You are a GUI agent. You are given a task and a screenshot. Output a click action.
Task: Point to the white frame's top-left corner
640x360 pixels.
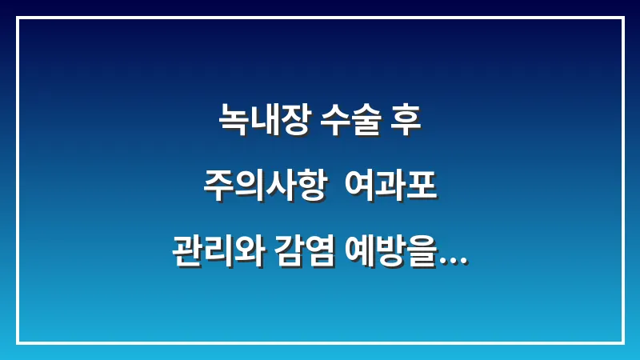[x=18, y=18]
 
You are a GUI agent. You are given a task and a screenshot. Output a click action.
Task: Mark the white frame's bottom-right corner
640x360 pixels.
[x=622, y=342]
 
